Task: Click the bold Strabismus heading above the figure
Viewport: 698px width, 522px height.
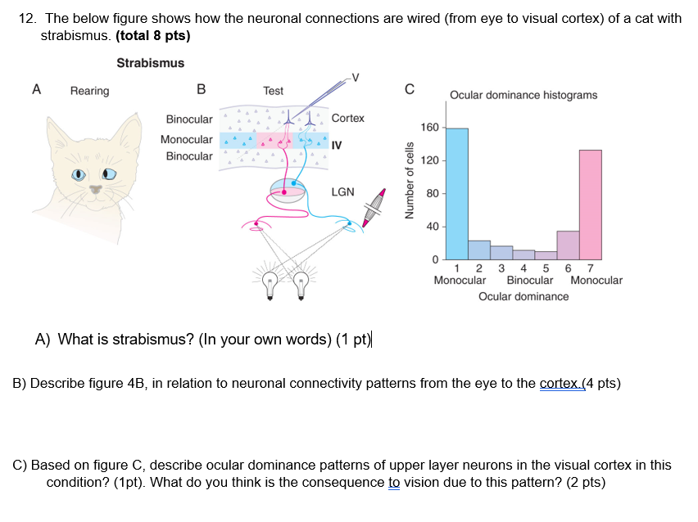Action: click(x=150, y=63)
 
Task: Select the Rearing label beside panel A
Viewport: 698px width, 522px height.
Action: click(x=89, y=91)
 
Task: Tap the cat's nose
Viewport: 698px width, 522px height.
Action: click(x=97, y=188)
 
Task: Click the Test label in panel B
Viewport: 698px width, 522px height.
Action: click(x=273, y=91)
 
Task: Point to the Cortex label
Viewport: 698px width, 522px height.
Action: click(x=347, y=118)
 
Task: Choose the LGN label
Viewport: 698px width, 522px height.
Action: click(x=342, y=191)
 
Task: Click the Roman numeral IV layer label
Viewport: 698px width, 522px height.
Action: click(x=337, y=145)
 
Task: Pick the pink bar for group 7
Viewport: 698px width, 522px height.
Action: click(x=591, y=204)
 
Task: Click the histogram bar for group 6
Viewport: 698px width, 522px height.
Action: click(x=568, y=245)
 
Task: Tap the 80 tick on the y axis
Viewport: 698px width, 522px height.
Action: click(x=434, y=194)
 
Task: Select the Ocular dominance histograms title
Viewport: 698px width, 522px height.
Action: click(x=523, y=95)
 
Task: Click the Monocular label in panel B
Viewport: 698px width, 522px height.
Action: click(x=187, y=139)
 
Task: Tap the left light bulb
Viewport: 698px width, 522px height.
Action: click(x=269, y=283)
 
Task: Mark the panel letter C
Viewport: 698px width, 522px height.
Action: click(x=410, y=88)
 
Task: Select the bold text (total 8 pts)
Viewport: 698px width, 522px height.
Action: click(x=153, y=36)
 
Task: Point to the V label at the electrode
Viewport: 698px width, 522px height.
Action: click(x=354, y=78)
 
